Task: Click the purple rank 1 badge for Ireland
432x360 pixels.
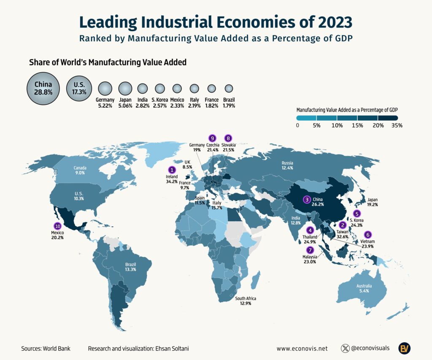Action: click(x=172, y=170)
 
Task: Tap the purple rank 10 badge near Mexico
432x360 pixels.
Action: click(x=57, y=226)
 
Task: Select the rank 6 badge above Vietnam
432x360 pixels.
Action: click(x=367, y=235)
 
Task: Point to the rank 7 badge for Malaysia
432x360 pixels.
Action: click(x=310, y=250)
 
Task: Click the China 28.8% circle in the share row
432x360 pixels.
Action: click(x=43, y=89)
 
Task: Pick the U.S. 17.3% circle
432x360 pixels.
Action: click(x=79, y=88)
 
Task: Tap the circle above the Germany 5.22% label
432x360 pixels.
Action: click(x=105, y=89)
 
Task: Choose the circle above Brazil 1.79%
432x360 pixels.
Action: click(x=229, y=89)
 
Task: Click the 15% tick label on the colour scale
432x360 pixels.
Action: click(x=357, y=125)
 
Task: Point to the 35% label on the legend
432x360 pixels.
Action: click(x=397, y=125)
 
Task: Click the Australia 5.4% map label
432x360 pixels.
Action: click(x=364, y=288)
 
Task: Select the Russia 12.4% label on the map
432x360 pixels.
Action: click(x=287, y=165)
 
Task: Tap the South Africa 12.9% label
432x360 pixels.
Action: click(x=246, y=301)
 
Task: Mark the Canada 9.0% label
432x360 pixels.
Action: click(x=80, y=171)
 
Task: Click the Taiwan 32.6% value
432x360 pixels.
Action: click(x=342, y=237)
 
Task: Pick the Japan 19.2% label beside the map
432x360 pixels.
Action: click(x=373, y=202)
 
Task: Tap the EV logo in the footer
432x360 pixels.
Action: click(x=405, y=348)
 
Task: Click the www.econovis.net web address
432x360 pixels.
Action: click(x=302, y=349)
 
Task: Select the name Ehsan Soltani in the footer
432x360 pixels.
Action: click(x=172, y=349)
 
